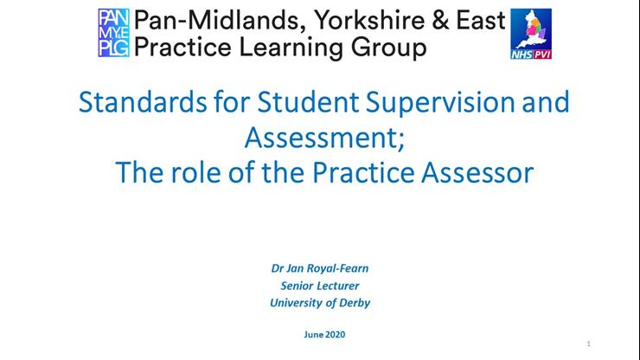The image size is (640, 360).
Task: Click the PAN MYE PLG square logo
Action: [113, 33]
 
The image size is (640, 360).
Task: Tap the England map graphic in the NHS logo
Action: [531, 29]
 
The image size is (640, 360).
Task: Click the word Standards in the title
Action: [132, 102]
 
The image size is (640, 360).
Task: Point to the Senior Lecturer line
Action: [320, 286]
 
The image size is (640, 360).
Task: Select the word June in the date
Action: [309, 333]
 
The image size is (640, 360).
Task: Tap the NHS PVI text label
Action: [532, 53]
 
